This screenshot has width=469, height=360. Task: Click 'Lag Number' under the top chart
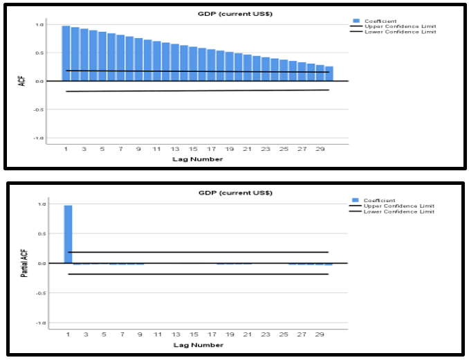(x=199, y=159)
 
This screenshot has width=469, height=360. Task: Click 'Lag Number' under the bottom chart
(x=199, y=344)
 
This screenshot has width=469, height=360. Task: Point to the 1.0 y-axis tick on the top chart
(x=39, y=25)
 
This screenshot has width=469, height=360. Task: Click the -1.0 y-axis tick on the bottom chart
(x=39, y=323)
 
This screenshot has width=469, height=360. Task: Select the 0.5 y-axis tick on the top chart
(x=39, y=53)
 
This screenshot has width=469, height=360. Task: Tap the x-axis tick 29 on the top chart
(x=320, y=149)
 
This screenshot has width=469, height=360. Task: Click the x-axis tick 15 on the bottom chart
(x=193, y=334)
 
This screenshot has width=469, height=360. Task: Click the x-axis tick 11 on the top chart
(x=156, y=149)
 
